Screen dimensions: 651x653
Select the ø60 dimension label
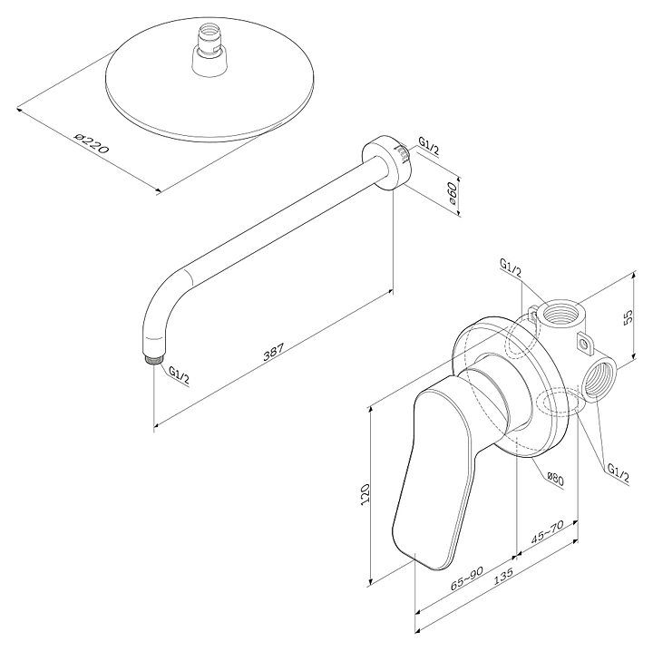pyautogui.click(x=451, y=193)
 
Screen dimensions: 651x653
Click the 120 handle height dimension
pyautogui.click(x=365, y=493)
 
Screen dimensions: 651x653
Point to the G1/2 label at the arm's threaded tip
pyautogui.click(x=179, y=375)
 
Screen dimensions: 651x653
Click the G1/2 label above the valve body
pyautogui.click(x=510, y=269)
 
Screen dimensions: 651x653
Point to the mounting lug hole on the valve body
pyautogui.click(x=583, y=344)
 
